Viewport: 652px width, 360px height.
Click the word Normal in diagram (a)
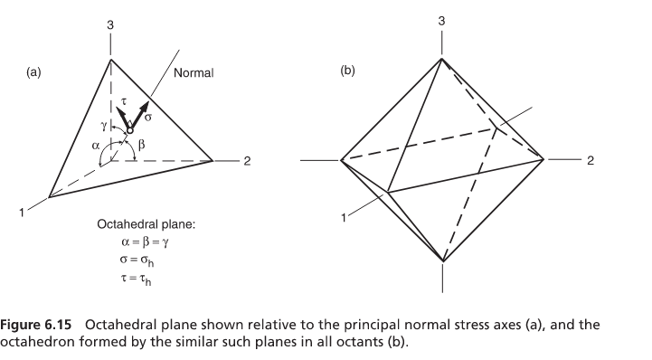[194, 73]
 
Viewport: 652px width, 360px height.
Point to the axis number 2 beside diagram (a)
[246, 162]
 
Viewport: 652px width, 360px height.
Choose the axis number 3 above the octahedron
[441, 20]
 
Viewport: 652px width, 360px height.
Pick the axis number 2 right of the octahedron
[590, 162]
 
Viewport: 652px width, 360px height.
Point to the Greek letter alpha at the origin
[95, 142]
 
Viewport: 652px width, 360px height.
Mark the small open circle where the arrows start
[129, 131]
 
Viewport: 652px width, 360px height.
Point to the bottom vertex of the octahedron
[442, 261]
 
